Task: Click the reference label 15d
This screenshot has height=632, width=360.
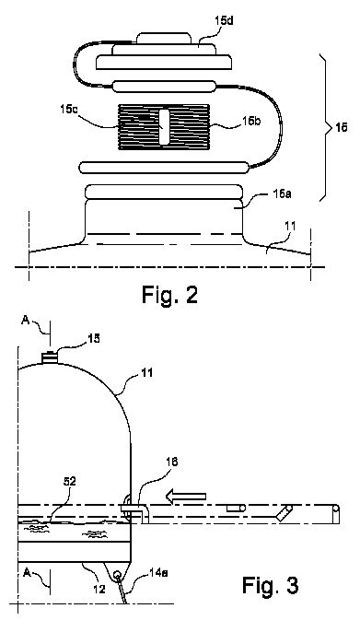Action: click(225, 21)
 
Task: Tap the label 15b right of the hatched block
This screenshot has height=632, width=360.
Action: click(251, 122)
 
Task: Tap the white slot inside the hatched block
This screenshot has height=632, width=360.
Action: click(164, 127)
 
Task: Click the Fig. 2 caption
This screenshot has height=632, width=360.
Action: click(170, 295)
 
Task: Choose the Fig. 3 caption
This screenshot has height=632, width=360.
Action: click(270, 585)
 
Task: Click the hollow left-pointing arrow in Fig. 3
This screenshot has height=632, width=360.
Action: click(186, 497)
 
